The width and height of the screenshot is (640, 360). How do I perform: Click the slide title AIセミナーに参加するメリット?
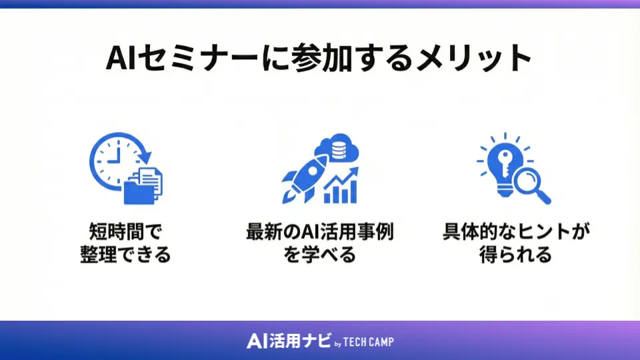(x=319, y=59)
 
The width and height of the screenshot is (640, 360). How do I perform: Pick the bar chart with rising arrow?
(x=340, y=187)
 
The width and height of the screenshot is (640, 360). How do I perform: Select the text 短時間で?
(x=126, y=233)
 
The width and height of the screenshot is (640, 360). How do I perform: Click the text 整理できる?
(x=126, y=255)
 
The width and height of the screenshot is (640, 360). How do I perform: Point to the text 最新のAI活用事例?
(x=319, y=233)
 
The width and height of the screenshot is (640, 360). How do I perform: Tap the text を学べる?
(x=319, y=255)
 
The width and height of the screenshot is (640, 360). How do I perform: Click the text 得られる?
(x=515, y=255)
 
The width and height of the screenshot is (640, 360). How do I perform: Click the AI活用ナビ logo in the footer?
(x=288, y=341)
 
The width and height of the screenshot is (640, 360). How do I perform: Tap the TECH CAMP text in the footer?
(x=369, y=342)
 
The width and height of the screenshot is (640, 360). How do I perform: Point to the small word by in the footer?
(x=337, y=344)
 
